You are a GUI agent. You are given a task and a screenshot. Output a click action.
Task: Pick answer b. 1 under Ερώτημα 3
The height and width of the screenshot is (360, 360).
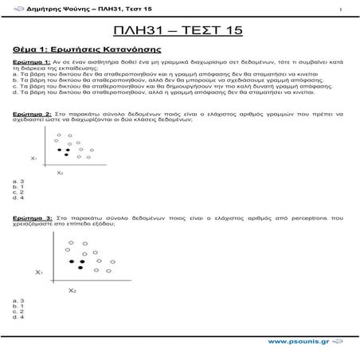(x=18, y=306)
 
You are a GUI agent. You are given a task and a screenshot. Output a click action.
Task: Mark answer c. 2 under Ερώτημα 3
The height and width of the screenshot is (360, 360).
(x=18, y=311)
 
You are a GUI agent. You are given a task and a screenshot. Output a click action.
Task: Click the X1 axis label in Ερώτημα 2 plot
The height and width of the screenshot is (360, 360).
(x=34, y=158)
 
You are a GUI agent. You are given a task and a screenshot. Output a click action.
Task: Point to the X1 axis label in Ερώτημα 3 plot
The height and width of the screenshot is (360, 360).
(x=38, y=272)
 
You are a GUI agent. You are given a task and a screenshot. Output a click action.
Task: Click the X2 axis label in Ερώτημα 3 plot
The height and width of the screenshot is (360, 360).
(x=72, y=290)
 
